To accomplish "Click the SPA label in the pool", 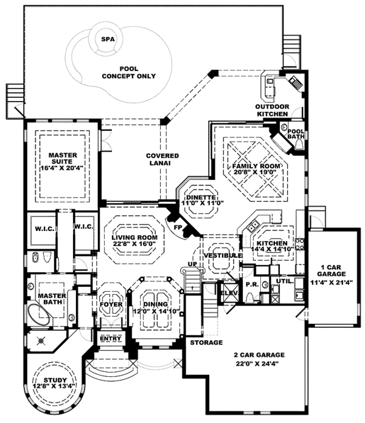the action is click(x=108, y=40).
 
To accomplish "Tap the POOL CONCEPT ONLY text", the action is click(x=129, y=72).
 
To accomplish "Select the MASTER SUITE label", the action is click(x=63, y=159).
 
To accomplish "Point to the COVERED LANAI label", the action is click(x=162, y=159).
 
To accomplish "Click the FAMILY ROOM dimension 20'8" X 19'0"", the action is click(x=256, y=172).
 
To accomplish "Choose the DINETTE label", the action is click(x=201, y=198).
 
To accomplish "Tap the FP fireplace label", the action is click(x=178, y=227).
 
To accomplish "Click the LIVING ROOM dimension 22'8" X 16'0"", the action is click(x=134, y=244).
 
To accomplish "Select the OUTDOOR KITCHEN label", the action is click(x=272, y=111).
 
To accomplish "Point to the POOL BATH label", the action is click(x=296, y=134).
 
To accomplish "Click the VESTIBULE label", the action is click(x=223, y=255).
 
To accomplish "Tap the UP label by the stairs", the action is click(x=192, y=264).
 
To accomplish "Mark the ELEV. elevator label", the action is click(x=230, y=293).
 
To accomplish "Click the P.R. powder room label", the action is click(x=252, y=284).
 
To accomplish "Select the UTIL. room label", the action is click(x=285, y=281).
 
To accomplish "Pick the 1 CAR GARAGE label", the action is click(x=331, y=270).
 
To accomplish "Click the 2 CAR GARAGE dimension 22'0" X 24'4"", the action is click(x=257, y=363).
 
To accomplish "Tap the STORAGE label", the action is click(x=206, y=343).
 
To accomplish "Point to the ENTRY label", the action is click(x=111, y=339).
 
